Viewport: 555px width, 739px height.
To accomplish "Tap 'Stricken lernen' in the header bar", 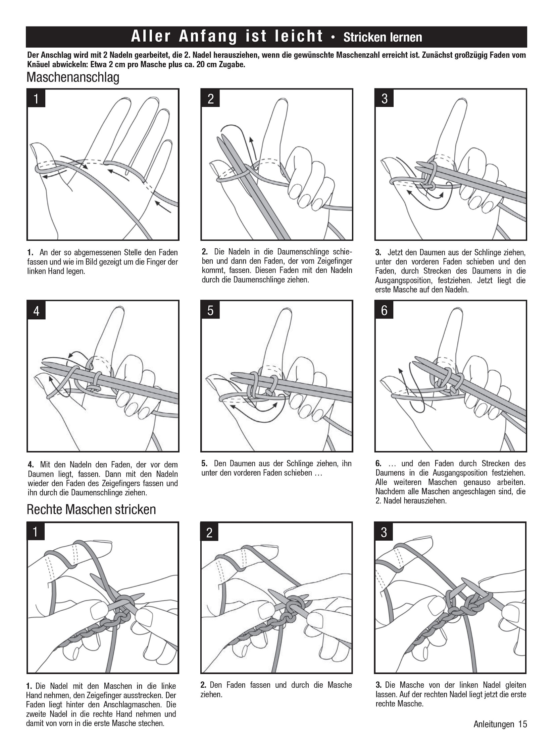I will pyautogui.click(x=383, y=37).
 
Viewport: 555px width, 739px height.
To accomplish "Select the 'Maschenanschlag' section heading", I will pyautogui.click(x=73, y=77).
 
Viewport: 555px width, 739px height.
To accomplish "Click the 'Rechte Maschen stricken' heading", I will pyautogui.click(x=91, y=509).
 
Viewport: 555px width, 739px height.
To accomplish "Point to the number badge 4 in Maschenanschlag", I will pyautogui.click(x=36, y=311).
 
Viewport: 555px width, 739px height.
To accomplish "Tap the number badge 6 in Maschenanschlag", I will pyautogui.click(x=384, y=311).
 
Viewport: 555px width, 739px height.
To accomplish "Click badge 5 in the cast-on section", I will pyautogui.click(x=210, y=311).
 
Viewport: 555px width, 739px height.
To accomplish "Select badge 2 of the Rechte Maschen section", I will pyautogui.click(x=210, y=533).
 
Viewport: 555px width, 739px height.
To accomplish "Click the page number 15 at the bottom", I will pyautogui.click(x=522, y=724).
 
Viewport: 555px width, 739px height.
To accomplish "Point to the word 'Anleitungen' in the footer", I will pyautogui.click(x=494, y=724).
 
